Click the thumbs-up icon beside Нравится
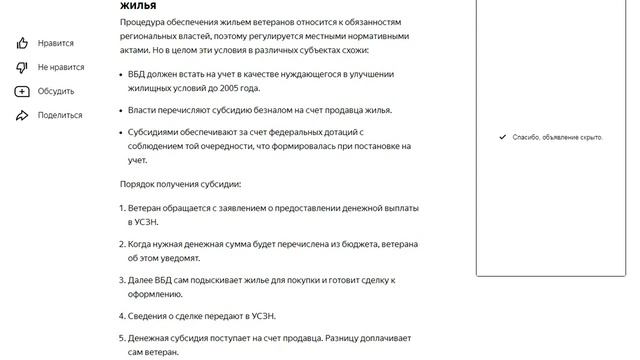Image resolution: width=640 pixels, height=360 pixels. coord(22,43)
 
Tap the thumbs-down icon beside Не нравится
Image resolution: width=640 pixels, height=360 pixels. coord(22,67)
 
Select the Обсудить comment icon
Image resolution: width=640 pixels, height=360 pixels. coord(22,91)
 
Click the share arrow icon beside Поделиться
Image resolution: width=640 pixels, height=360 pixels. coord(22,115)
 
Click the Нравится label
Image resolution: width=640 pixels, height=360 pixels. coord(56,43)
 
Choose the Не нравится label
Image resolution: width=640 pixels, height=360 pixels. coord(61,67)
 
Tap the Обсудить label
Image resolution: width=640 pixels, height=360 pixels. coord(56,91)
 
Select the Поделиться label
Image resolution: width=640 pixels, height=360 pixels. coord(60,115)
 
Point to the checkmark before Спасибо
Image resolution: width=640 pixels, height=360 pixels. coord(502,137)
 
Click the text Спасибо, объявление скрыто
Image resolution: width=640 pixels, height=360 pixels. coord(558,137)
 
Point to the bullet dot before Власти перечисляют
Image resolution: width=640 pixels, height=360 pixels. coord(121,110)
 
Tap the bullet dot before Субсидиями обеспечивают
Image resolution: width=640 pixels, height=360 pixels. coord(121,132)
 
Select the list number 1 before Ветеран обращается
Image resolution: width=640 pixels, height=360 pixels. coord(121,208)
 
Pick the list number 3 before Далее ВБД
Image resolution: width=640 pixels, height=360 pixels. coord(121,281)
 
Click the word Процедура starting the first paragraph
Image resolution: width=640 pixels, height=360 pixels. coord(143,21)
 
